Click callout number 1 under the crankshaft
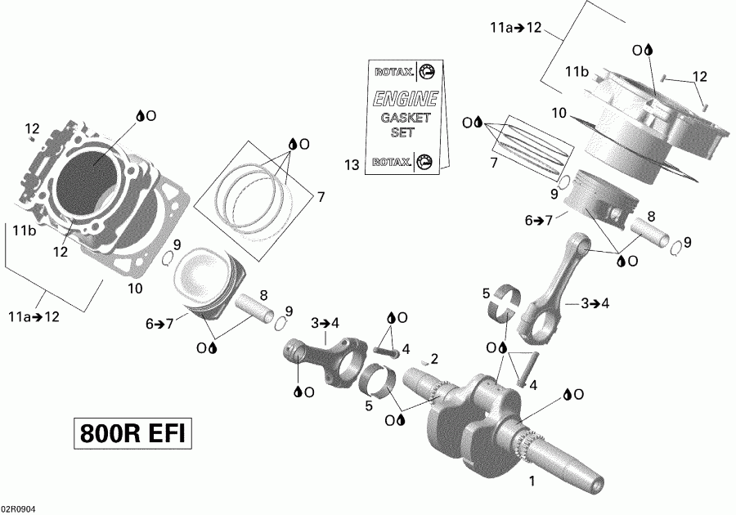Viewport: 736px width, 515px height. [x=532, y=480]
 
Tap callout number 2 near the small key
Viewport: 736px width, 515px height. [x=435, y=358]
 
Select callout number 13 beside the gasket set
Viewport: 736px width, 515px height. [x=352, y=166]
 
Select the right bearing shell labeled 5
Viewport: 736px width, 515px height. [x=508, y=304]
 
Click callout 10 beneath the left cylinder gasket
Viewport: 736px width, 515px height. [x=135, y=288]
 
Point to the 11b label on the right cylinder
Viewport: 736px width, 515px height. [x=577, y=72]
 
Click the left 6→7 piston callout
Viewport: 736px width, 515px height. [x=160, y=323]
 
